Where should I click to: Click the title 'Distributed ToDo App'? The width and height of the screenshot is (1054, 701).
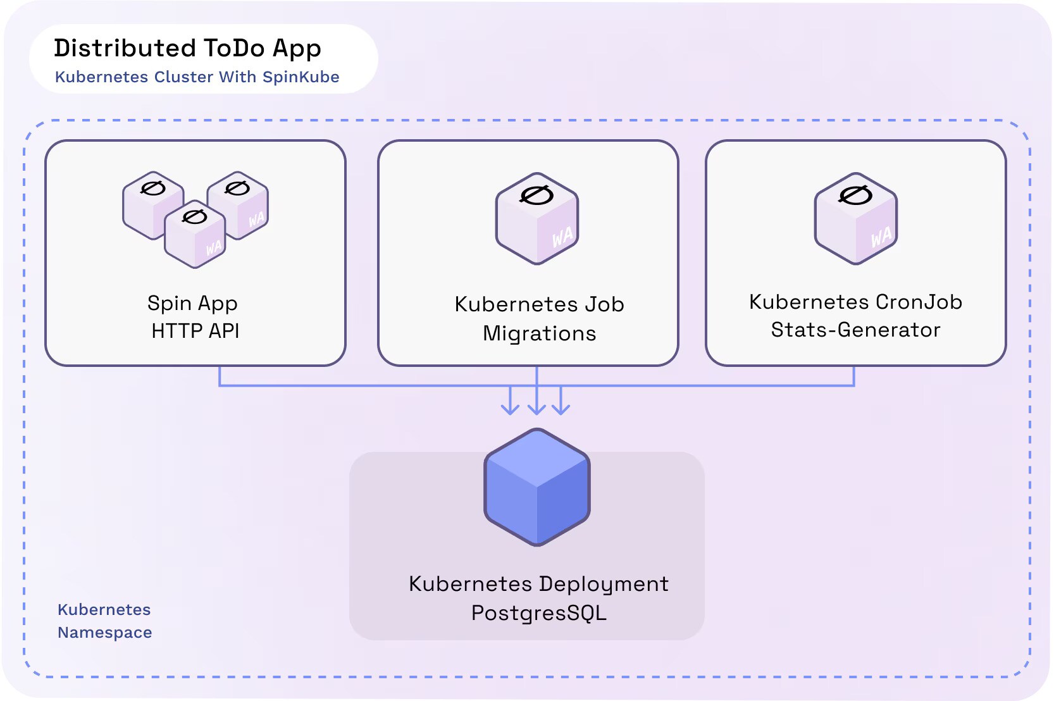pos(187,49)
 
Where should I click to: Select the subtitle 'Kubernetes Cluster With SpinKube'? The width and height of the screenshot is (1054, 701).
pos(197,77)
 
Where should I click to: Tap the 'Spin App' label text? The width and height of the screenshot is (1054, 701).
pos(192,303)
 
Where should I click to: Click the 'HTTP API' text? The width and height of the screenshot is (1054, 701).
pos(195,331)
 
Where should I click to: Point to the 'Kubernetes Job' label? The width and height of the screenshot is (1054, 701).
pos(539,304)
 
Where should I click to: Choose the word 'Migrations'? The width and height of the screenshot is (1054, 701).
pos(539,333)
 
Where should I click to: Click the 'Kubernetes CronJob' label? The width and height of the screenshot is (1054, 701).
pos(855,302)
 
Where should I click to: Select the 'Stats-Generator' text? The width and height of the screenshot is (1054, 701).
pos(855,330)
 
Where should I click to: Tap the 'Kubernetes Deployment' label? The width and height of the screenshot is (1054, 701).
pos(538,583)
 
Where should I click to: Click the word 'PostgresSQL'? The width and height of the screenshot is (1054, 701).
pos(538,612)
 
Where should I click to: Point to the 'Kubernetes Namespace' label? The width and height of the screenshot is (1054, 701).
pos(104,621)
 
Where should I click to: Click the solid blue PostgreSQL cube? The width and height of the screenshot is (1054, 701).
pos(537,487)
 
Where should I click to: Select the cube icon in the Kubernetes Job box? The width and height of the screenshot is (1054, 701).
pos(537,218)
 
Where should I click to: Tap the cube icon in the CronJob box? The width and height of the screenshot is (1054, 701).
pos(856,218)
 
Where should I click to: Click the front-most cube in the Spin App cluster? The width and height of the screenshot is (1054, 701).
pos(195,235)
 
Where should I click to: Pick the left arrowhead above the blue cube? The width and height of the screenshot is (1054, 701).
pos(510,409)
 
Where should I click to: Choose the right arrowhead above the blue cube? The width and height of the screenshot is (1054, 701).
pos(561,409)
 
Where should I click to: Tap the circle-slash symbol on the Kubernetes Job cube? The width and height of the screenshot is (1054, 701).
pos(536,195)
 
